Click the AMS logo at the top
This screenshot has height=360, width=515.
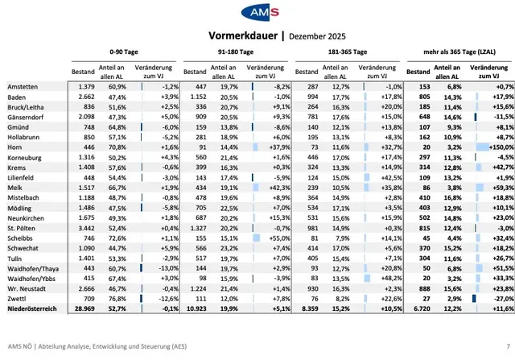[x=257, y=14]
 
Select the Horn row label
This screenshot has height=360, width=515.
[x=14, y=148]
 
